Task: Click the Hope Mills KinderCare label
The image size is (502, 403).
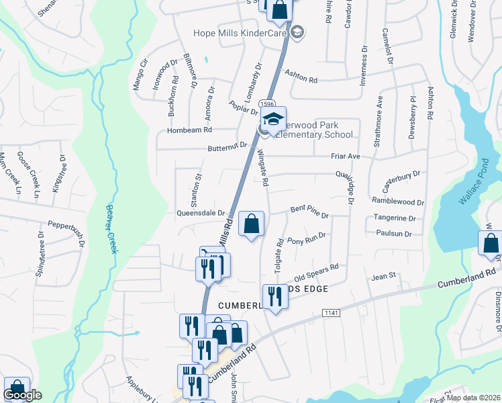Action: coord(240,33)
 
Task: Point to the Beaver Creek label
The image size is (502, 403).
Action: coord(110,229)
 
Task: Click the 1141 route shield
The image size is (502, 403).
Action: coord(330,313)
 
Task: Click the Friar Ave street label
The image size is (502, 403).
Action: coord(346,156)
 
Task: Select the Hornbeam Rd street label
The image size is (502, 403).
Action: coord(190,130)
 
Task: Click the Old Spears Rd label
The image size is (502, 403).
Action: coord(316,272)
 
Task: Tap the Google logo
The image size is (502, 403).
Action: coord(22,395)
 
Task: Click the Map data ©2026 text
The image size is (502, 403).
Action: coord(472,398)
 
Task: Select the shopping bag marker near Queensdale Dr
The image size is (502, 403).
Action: coord(251,224)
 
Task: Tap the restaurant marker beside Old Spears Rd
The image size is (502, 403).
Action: coord(274,296)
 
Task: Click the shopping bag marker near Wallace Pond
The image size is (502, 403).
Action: coord(490,244)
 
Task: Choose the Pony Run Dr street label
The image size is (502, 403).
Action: coord(306,238)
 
